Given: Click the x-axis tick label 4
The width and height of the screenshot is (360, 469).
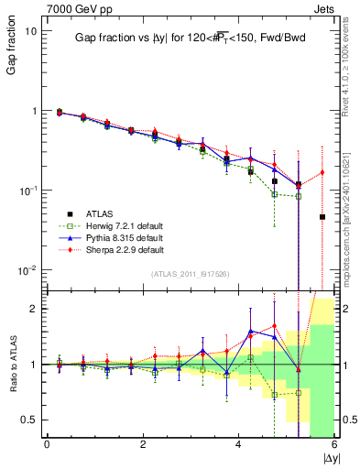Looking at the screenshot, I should [238, 444].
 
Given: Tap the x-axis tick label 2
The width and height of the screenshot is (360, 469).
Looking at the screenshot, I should [143, 444].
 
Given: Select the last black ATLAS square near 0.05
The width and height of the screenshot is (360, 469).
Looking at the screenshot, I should [322, 217].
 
